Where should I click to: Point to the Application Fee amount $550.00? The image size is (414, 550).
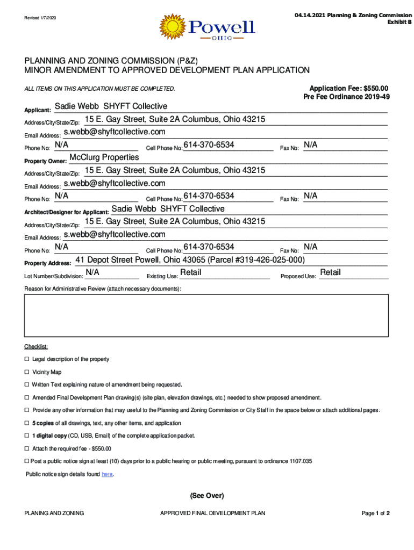click(x=376, y=88)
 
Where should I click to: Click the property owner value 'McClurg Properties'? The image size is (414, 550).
click(x=104, y=157)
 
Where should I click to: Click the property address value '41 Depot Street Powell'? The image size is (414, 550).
click(x=190, y=260)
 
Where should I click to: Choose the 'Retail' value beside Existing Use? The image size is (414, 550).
click(x=191, y=273)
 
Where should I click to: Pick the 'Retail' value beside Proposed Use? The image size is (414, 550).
click(x=330, y=273)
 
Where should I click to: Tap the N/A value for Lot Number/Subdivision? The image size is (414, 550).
click(x=92, y=273)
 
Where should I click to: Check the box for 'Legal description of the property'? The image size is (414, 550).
click(x=27, y=359)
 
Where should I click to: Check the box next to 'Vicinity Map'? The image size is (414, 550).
click(x=27, y=372)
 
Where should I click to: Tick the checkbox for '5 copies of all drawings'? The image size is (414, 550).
click(x=27, y=423)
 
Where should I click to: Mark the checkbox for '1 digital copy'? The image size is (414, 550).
click(x=27, y=436)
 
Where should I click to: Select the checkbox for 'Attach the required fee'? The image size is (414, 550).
click(x=27, y=448)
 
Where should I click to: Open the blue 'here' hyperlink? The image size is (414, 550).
click(x=107, y=475)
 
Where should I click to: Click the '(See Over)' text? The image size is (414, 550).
click(x=206, y=496)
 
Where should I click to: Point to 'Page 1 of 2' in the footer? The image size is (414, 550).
click(x=375, y=513)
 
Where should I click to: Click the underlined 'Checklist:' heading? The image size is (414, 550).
click(x=36, y=346)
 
